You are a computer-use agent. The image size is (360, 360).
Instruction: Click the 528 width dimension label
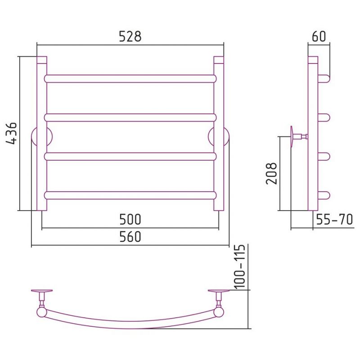pyautogui.click(x=130, y=36)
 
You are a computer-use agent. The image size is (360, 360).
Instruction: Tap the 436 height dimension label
pyautogui.click(x=12, y=133)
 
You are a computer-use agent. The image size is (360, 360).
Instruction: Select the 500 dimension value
pyautogui.click(x=130, y=219)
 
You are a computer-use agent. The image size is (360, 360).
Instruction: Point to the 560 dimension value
pyautogui.click(x=130, y=237)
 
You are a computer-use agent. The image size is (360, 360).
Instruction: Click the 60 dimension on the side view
pyautogui.click(x=319, y=36)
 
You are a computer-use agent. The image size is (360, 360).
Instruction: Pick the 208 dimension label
pyautogui.click(x=271, y=174)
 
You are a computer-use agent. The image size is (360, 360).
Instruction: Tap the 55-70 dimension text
pyautogui.click(x=334, y=219)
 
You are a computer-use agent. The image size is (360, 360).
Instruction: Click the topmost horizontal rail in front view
pyautogui.click(x=130, y=79)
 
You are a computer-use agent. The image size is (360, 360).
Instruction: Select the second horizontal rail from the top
pyautogui.click(x=130, y=117)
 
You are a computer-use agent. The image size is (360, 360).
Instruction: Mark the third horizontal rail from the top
pyautogui.click(x=130, y=156)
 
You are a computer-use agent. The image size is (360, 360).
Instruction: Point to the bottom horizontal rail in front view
pyautogui.click(x=130, y=195)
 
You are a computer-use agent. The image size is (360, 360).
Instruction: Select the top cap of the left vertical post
pyautogui.click(x=42, y=60)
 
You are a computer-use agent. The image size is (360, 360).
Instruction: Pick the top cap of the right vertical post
pyautogui.click(x=219, y=60)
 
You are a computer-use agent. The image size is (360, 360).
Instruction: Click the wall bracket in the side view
pyautogui.click(x=298, y=137)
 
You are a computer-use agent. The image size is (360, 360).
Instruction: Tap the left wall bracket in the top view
pyautogui.click(x=42, y=296)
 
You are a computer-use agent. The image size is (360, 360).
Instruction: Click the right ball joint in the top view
pyautogui.click(x=219, y=312)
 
